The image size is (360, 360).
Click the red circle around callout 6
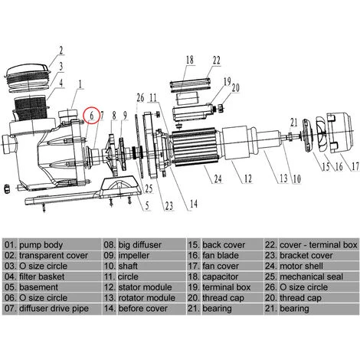(84, 115)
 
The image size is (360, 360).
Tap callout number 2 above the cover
(61, 51)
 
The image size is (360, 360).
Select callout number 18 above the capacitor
(190, 61)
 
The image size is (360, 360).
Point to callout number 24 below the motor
(218, 178)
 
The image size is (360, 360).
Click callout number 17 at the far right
(355, 166)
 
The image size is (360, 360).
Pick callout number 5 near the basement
(147, 206)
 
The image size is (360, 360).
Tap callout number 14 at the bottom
(194, 204)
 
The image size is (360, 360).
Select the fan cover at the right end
(340, 133)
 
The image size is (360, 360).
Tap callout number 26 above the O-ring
(140, 97)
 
